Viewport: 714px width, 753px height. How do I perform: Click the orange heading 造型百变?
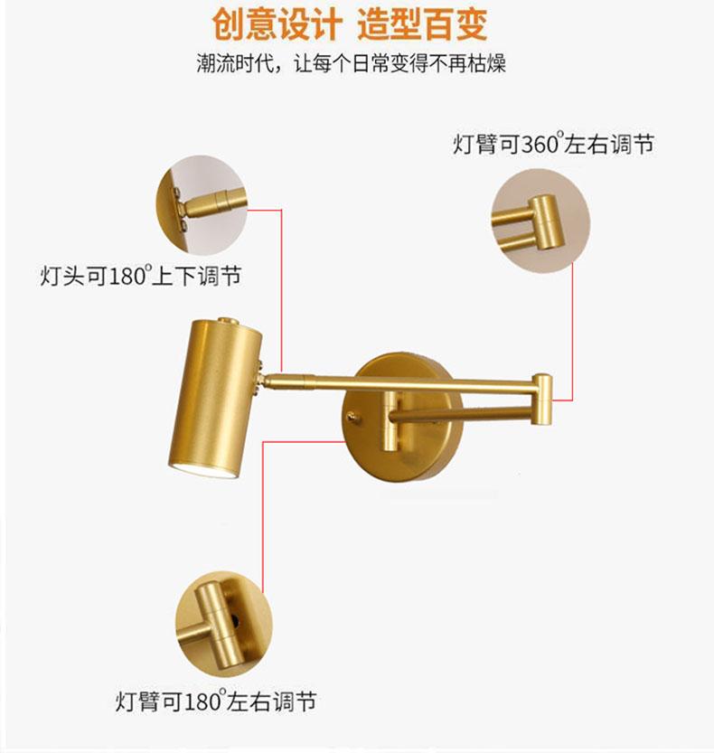coord(422,24)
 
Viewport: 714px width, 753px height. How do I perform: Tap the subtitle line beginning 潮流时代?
coord(356,65)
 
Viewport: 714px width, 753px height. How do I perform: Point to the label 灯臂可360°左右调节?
coord(553,145)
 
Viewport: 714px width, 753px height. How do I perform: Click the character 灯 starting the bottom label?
coord(126,701)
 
